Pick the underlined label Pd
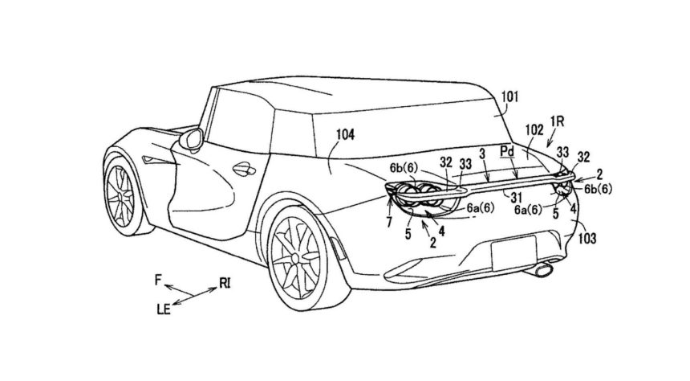(x=507, y=150)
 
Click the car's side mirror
(x=192, y=141)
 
